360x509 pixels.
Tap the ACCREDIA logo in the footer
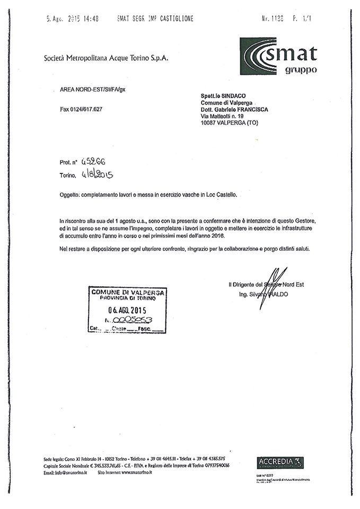pyautogui.click(x=280, y=462)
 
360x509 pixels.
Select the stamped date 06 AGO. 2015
pyautogui.click(x=127, y=310)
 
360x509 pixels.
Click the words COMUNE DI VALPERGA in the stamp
pyautogui.click(x=128, y=292)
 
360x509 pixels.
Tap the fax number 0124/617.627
pyautogui.click(x=81, y=109)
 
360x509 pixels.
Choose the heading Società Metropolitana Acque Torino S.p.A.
pyautogui.click(x=106, y=58)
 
